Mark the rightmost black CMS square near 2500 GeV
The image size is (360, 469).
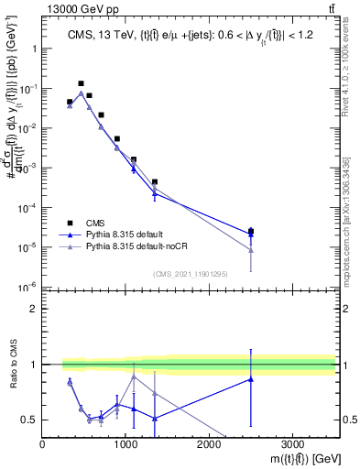pos(251,232)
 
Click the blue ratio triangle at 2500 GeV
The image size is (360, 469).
pos(251,379)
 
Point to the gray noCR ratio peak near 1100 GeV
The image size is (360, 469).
pos(134,376)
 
